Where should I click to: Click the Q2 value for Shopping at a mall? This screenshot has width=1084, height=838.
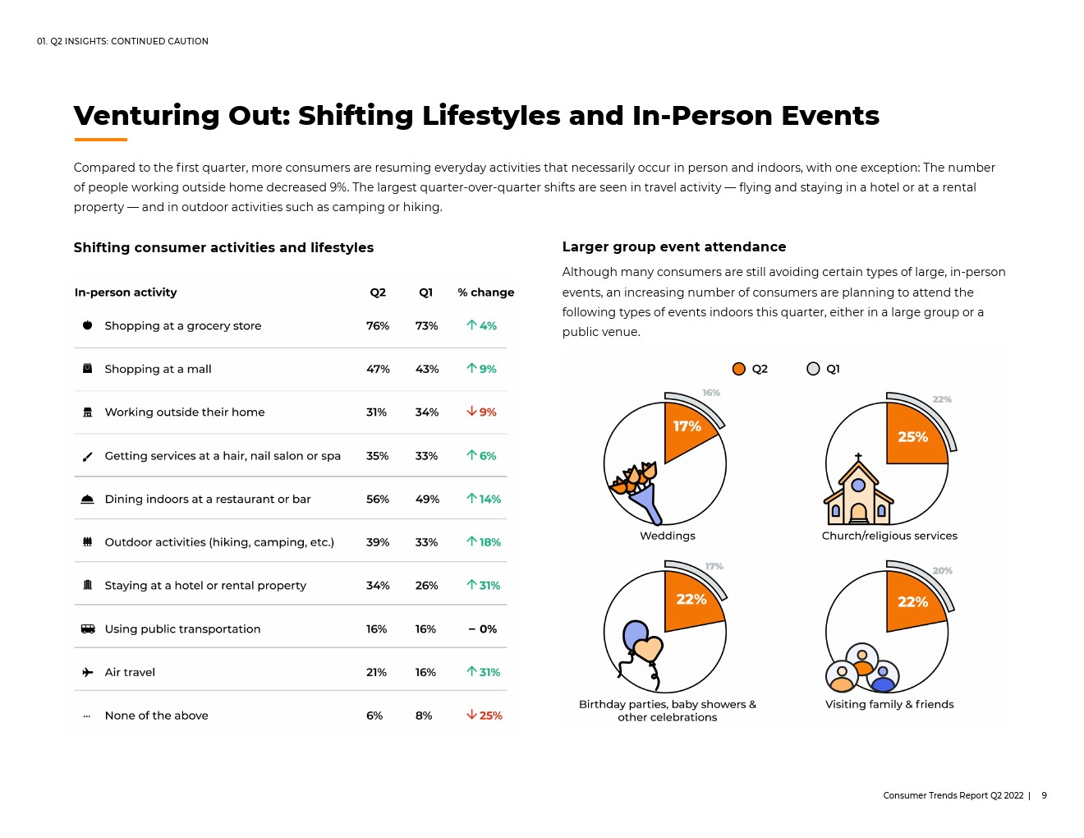(x=378, y=369)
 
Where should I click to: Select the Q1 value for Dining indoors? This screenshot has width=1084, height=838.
(x=427, y=499)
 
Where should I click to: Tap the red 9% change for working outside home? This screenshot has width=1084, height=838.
(x=481, y=412)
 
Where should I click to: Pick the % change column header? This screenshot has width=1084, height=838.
(x=485, y=292)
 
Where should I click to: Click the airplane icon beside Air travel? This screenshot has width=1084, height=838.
(x=87, y=672)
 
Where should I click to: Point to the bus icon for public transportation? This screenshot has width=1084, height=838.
(x=88, y=628)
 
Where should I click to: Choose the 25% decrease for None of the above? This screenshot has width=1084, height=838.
(x=484, y=716)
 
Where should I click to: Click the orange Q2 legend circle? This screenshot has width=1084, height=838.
(x=739, y=369)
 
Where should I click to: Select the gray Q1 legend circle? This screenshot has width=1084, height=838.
(x=813, y=369)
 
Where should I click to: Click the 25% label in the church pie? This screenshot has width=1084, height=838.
(x=912, y=437)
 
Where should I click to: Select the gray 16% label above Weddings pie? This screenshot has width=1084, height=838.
(x=711, y=393)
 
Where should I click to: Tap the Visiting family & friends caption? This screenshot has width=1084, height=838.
(x=889, y=704)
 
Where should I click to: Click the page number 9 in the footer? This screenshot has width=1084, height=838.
(x=1044, y=795)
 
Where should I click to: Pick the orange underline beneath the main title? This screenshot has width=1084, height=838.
(x=101, y=140)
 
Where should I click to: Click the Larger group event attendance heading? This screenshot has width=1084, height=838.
(x=674, y=246)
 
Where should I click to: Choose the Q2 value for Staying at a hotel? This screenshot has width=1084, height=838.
(x=378, y=586)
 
